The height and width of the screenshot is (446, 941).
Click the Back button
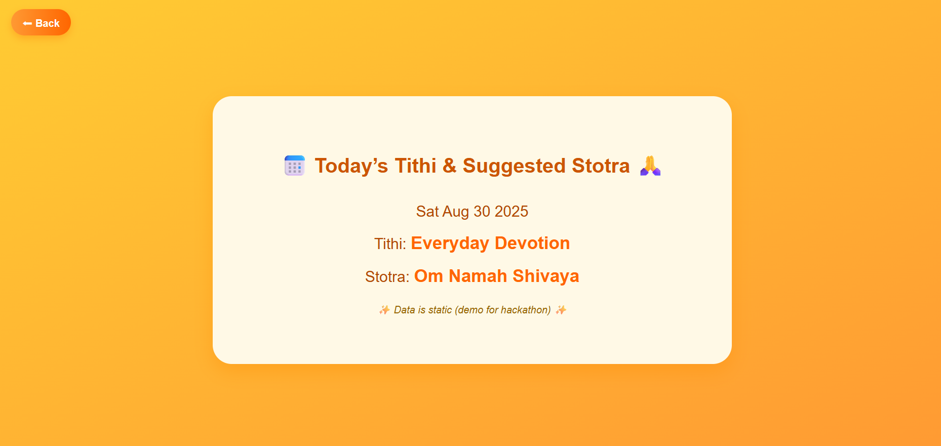41,23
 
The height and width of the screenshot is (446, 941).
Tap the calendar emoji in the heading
294,166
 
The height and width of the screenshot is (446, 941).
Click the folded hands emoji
650,166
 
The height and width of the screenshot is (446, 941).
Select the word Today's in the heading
351,166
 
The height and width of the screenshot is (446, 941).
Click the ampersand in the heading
449,166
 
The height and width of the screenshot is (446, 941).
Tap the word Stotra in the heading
601,166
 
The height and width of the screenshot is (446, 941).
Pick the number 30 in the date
482,211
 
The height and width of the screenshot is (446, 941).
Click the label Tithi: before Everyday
390,244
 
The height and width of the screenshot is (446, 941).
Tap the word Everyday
450,244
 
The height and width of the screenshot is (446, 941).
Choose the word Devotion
532,243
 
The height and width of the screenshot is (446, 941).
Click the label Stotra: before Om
387,277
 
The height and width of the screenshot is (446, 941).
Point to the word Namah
478,276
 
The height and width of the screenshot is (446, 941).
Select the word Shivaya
546,276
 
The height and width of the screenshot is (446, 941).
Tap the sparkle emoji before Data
384,310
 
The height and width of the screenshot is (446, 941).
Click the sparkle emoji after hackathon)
561,310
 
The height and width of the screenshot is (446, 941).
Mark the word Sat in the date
427,211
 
